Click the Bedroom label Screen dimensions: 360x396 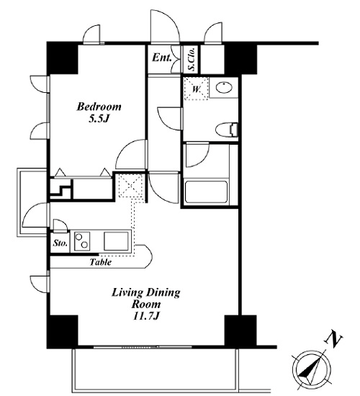[99, 107]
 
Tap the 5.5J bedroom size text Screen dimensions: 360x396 [99, 119]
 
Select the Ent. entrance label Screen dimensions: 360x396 [162, 58]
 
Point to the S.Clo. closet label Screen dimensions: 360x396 [192, 59]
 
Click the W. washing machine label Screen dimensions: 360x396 [197, 89]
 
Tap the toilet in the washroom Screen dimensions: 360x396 [227, 130]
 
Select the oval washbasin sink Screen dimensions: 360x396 [224, 88]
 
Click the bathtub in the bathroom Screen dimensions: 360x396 [206, 192]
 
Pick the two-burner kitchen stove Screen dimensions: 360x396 [82, 241]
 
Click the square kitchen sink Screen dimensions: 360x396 [116, 241]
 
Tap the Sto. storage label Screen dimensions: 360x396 [60, 243]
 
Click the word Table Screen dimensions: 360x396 [101, 262]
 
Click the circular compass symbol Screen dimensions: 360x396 [311, 370]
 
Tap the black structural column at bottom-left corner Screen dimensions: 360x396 [62, 332]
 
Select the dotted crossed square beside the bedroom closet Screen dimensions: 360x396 [130, 186]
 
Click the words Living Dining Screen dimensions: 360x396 [145, 293]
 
